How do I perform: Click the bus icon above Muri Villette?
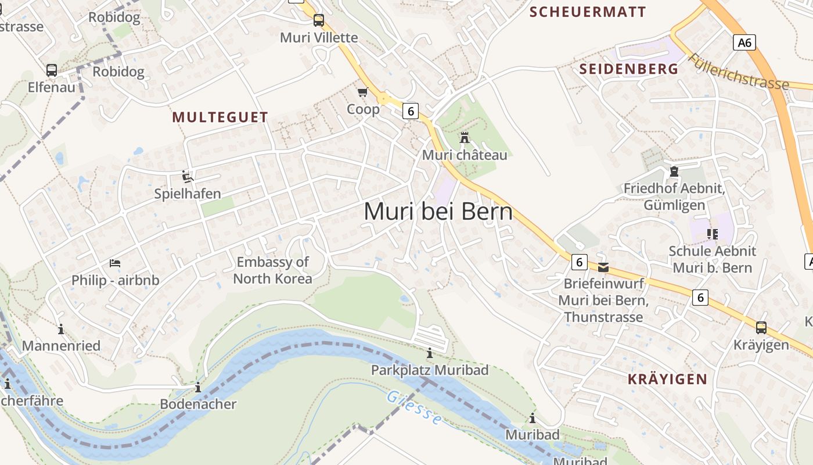click(319, 21)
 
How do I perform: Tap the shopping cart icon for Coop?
click(363, 92)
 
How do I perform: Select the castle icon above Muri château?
click(465, 138)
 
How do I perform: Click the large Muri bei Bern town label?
click(438, 212)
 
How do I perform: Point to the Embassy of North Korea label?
click(272, 270)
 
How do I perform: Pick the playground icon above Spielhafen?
click(188, 176)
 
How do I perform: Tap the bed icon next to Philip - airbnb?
click(115, 263)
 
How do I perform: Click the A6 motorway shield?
click(744, 42)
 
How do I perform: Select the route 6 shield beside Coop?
click(411, 111)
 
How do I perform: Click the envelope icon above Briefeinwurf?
click(603, 267)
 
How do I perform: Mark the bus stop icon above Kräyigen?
click(761, 328)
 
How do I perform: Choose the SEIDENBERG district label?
click(629, 69)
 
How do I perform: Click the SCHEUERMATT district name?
click(588, 12)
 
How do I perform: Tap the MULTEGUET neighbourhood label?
click(220, 117)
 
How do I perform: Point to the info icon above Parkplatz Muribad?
click(430, 353)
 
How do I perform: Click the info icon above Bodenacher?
click(198, 387)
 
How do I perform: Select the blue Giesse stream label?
click(414, 407)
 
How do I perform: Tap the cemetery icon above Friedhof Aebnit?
click(674, 171)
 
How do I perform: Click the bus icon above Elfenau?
click(52, 70)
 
